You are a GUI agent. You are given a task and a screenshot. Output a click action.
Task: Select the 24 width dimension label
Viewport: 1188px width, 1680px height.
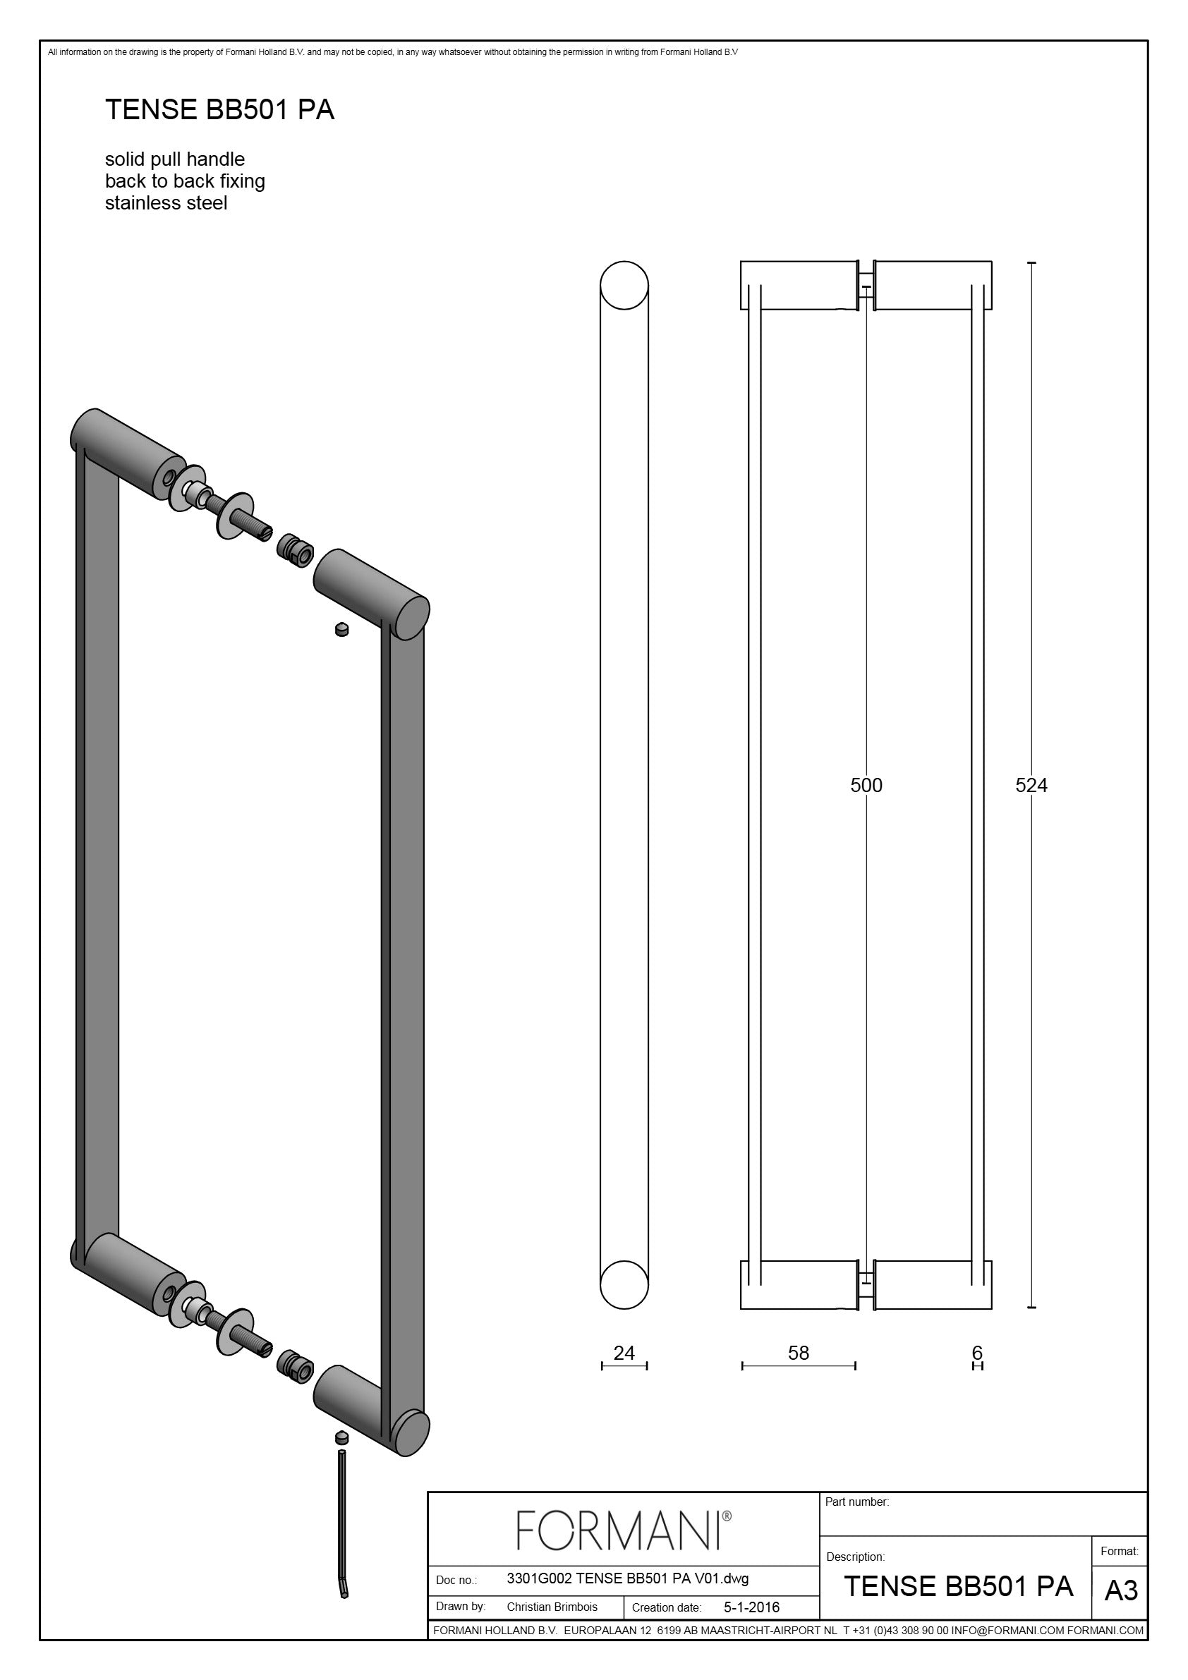coord(624,1353)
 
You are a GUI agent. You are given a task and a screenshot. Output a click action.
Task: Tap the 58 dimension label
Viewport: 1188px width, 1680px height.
coord(799,1353)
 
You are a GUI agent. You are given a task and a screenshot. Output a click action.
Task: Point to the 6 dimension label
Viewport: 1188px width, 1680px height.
coord(977,1353)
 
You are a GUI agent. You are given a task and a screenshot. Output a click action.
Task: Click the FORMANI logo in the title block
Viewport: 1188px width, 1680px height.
coord(624,1530)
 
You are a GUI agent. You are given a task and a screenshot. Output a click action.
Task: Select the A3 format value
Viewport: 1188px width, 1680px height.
coord(1121,1590)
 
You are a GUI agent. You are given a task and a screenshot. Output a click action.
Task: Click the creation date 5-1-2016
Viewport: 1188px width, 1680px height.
coord(751,1607)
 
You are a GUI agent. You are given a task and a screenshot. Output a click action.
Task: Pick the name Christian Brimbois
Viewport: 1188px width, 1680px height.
coord(552,1607)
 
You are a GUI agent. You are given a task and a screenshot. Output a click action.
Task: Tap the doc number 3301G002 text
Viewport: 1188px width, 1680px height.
coord(627,1578)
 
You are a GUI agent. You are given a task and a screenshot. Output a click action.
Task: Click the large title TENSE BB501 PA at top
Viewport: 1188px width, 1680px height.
coord(219,110)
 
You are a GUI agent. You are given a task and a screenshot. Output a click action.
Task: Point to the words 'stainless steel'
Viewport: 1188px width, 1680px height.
coord(166,202)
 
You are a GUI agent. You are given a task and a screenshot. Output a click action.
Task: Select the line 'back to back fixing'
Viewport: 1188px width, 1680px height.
coord(186,181)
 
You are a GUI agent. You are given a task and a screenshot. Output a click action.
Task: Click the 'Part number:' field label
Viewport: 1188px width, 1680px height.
coord(857,1502)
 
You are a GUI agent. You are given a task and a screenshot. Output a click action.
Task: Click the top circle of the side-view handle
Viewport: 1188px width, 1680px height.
coord(624,285)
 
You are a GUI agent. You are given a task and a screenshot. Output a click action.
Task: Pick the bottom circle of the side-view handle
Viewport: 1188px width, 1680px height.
coord(624,1284)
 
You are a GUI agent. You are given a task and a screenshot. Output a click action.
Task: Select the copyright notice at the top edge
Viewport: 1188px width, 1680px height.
coord(393,52)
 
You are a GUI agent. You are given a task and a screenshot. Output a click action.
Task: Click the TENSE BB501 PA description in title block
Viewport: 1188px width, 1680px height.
coord(958,1585)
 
